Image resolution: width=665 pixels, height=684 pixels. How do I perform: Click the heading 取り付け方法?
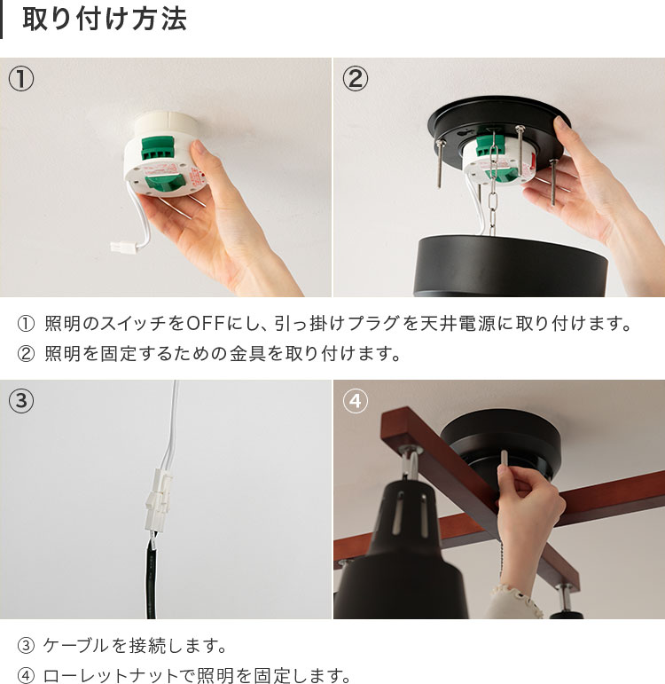click(x=104, y=20)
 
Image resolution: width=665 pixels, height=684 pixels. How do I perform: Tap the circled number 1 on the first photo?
click(x=21, y=79)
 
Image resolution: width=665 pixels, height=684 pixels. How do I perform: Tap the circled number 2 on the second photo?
click(x=355, y=79)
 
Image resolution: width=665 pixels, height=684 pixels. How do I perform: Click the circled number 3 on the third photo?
click(x=21, y=401)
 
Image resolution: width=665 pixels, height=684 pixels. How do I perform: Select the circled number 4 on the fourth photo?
click(x=355, y=401)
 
